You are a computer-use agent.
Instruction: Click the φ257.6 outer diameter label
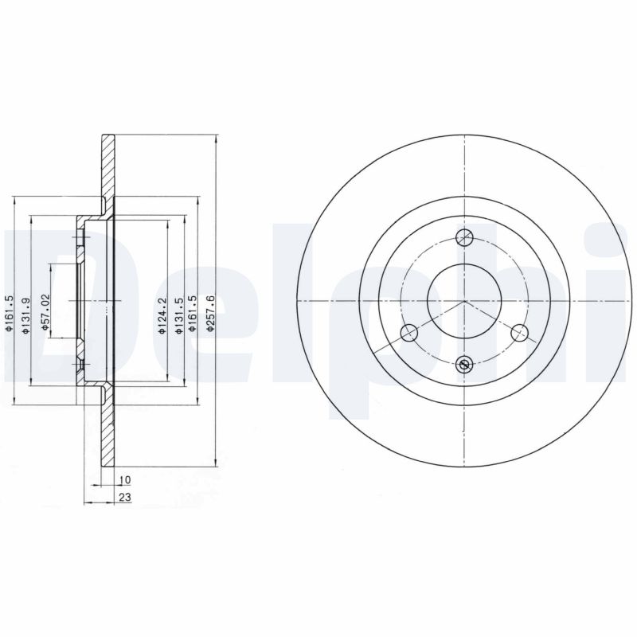click(x=209, y=314)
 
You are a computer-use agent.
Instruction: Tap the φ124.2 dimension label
click(x=162, y=316)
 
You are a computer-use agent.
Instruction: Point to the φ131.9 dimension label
click(x=26, y=316)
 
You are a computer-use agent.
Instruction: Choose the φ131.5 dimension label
click(x=178, y=316)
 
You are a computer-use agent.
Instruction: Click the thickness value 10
click(x=125, y=480)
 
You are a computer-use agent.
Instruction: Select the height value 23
click(x=125, y=497)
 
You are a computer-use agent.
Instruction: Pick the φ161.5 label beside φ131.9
click(x=11, y=314)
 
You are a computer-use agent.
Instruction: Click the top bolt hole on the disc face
click(x=464, y=237)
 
